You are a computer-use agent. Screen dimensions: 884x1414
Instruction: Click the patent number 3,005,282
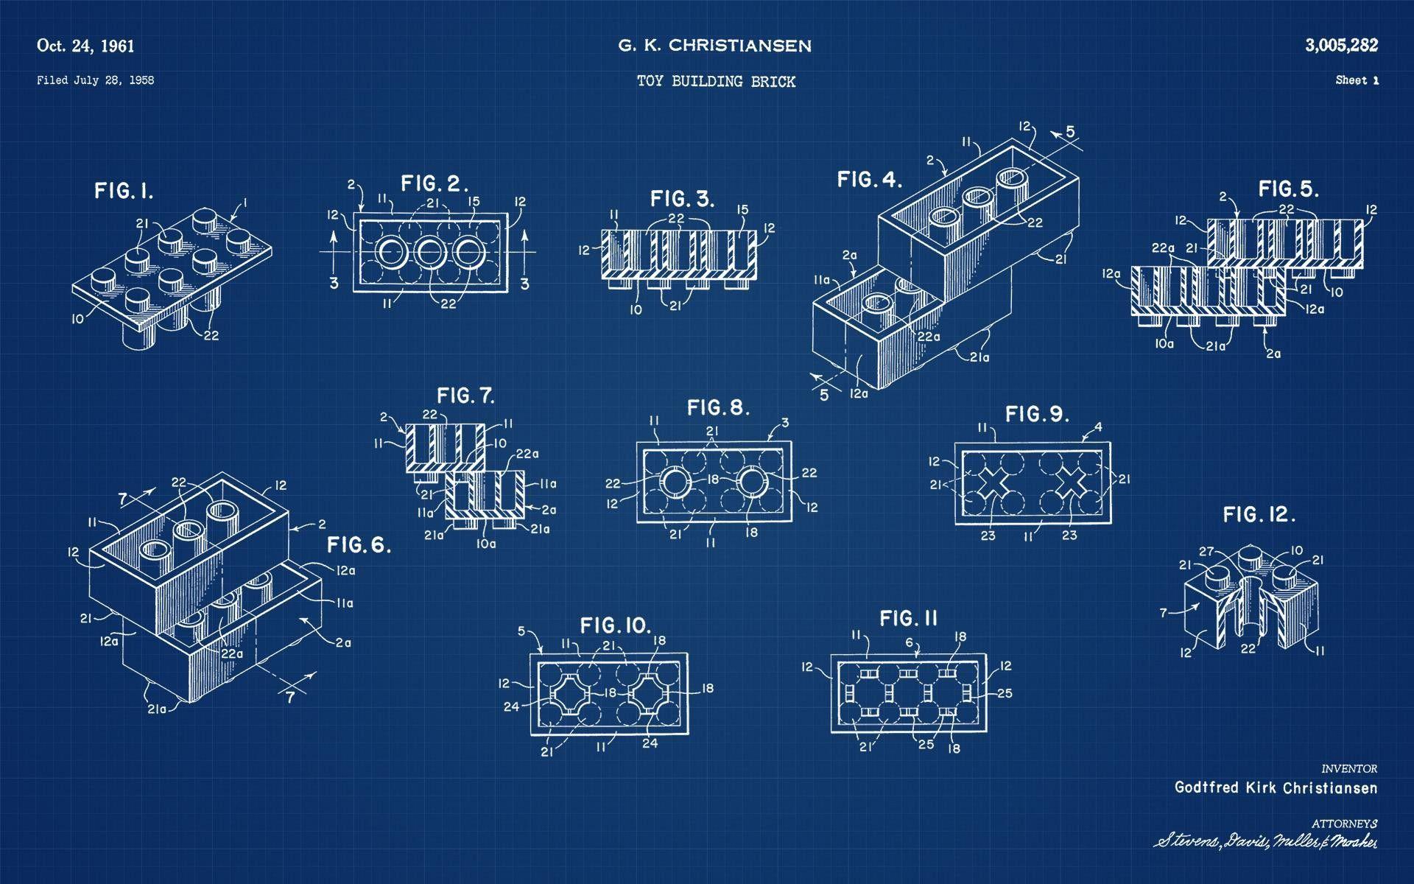coord(1341,46)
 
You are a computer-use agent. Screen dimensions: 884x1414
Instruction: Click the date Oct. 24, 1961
coord(85,46)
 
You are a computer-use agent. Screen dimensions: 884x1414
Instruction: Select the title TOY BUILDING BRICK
coord(716,82)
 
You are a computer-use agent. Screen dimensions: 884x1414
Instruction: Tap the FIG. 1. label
coord(124,192)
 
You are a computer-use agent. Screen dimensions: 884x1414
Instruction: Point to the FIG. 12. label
coord(1259,514)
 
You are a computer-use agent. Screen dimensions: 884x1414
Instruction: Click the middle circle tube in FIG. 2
coord(427,252)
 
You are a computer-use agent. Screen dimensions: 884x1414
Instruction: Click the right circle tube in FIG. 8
coord(753,483)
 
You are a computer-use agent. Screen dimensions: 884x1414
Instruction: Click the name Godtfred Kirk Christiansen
coord(1275,787)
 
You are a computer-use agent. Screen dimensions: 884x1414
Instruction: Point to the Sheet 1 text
coord(1357,80)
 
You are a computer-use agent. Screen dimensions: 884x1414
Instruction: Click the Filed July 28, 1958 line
coord(95,80)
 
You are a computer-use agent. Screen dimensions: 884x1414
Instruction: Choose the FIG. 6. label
coord(359,545)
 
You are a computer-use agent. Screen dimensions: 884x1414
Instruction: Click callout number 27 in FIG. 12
coord(1206,551)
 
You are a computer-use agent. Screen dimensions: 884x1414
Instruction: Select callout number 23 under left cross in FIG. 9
coord(988,536)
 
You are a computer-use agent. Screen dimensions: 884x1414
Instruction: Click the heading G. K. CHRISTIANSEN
coord(714,46)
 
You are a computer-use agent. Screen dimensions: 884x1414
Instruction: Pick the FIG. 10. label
coord(616,626)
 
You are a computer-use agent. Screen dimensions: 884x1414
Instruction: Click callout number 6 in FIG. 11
coord(910,642)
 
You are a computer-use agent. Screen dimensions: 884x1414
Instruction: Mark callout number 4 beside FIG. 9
coord(1098,427)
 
